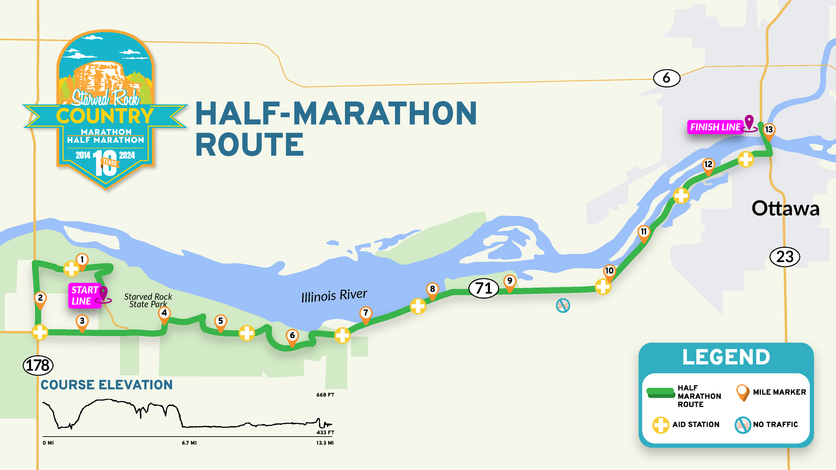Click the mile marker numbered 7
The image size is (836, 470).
[366, 313]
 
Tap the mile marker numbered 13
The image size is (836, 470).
[769, 130]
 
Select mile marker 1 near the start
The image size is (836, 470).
[82, 260]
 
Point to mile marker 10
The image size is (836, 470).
[609, 271]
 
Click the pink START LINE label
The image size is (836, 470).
[85, 296]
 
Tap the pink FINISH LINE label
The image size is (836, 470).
[715, 127]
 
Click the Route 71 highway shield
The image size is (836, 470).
[484, 288]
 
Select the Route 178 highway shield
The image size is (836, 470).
[38, 365]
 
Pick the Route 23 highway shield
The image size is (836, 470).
[785, 257]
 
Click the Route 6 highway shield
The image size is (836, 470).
[666, 78]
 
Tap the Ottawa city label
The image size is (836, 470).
[785, 209]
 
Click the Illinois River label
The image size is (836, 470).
[334, 296]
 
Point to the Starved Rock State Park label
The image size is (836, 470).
[148, 300]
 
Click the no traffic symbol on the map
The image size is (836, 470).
[563, 306]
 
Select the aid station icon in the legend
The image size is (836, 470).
[660, 425]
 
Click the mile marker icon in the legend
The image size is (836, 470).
[743, 392]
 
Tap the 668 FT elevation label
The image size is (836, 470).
[325, 395]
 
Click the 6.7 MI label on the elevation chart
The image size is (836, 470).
[189, 443]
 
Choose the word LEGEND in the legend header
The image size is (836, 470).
[726, 357]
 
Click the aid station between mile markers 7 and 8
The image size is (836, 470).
[418, 306]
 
